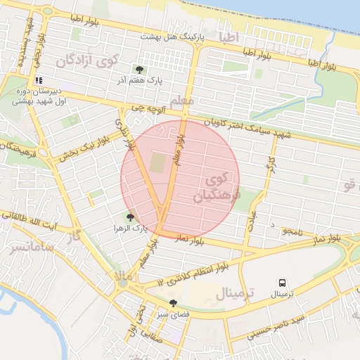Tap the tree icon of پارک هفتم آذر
[x=139, y=70]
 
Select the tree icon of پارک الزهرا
[x=130, y=218]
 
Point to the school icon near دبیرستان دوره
[x=39, y=80]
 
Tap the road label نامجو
[x=291, y=231]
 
